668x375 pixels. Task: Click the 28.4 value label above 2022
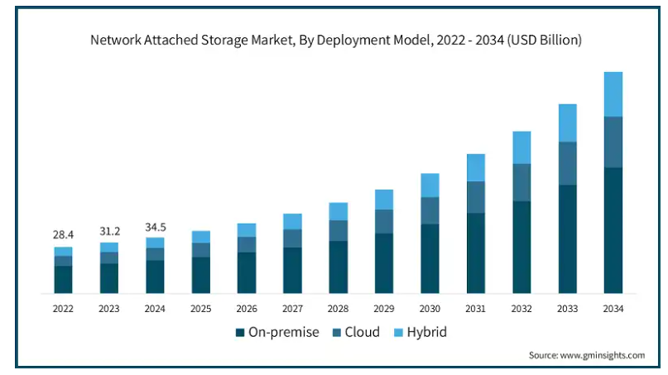64,235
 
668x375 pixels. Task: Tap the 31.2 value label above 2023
109,231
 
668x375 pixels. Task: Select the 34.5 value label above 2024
155,226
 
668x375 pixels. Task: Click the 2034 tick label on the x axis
613,309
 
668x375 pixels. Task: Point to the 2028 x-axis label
338,309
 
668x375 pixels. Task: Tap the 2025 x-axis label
200,309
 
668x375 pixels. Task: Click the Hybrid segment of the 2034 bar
613,94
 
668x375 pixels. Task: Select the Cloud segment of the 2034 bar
613,142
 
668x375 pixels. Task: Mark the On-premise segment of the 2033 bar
567,238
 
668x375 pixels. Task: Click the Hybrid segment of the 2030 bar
430,185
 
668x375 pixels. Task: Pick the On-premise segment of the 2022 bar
64,279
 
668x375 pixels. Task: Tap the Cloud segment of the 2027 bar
292,238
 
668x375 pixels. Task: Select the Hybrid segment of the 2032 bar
521,147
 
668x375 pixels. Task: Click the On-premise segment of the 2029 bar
384,263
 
